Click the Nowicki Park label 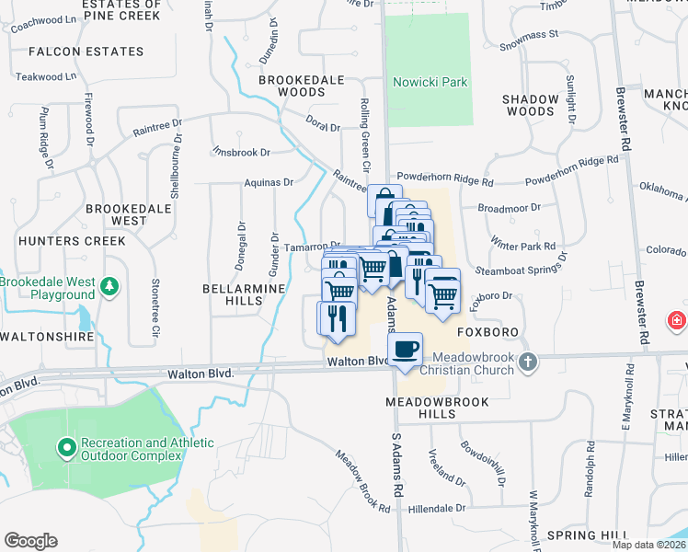430,83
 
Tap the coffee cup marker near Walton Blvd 406,350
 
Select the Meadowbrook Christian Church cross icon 528,362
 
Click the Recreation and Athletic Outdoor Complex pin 66,449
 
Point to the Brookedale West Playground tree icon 109,287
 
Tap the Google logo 30,541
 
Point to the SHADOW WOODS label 531,105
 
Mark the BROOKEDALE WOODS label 304,86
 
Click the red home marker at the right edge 677,320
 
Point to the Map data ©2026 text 648,545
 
